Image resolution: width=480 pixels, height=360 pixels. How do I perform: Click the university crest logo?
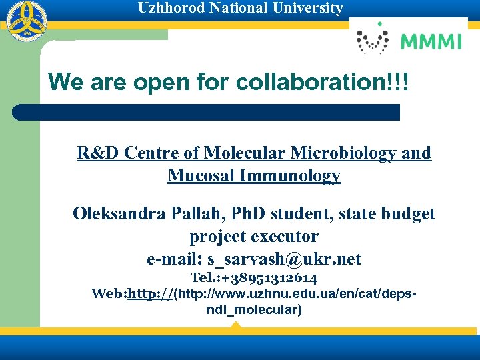tap(23, 21)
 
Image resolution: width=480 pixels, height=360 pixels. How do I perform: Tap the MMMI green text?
tap(431, 42)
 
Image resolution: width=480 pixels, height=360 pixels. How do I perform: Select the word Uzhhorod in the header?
tap(168, 9)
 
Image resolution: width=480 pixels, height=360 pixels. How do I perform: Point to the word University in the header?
tap(311, 9)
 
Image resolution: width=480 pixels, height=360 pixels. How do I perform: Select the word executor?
tap(285, 237)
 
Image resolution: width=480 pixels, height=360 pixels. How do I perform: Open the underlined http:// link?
tap(150, 294)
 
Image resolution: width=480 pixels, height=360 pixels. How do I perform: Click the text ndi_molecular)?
tap(254, 310)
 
